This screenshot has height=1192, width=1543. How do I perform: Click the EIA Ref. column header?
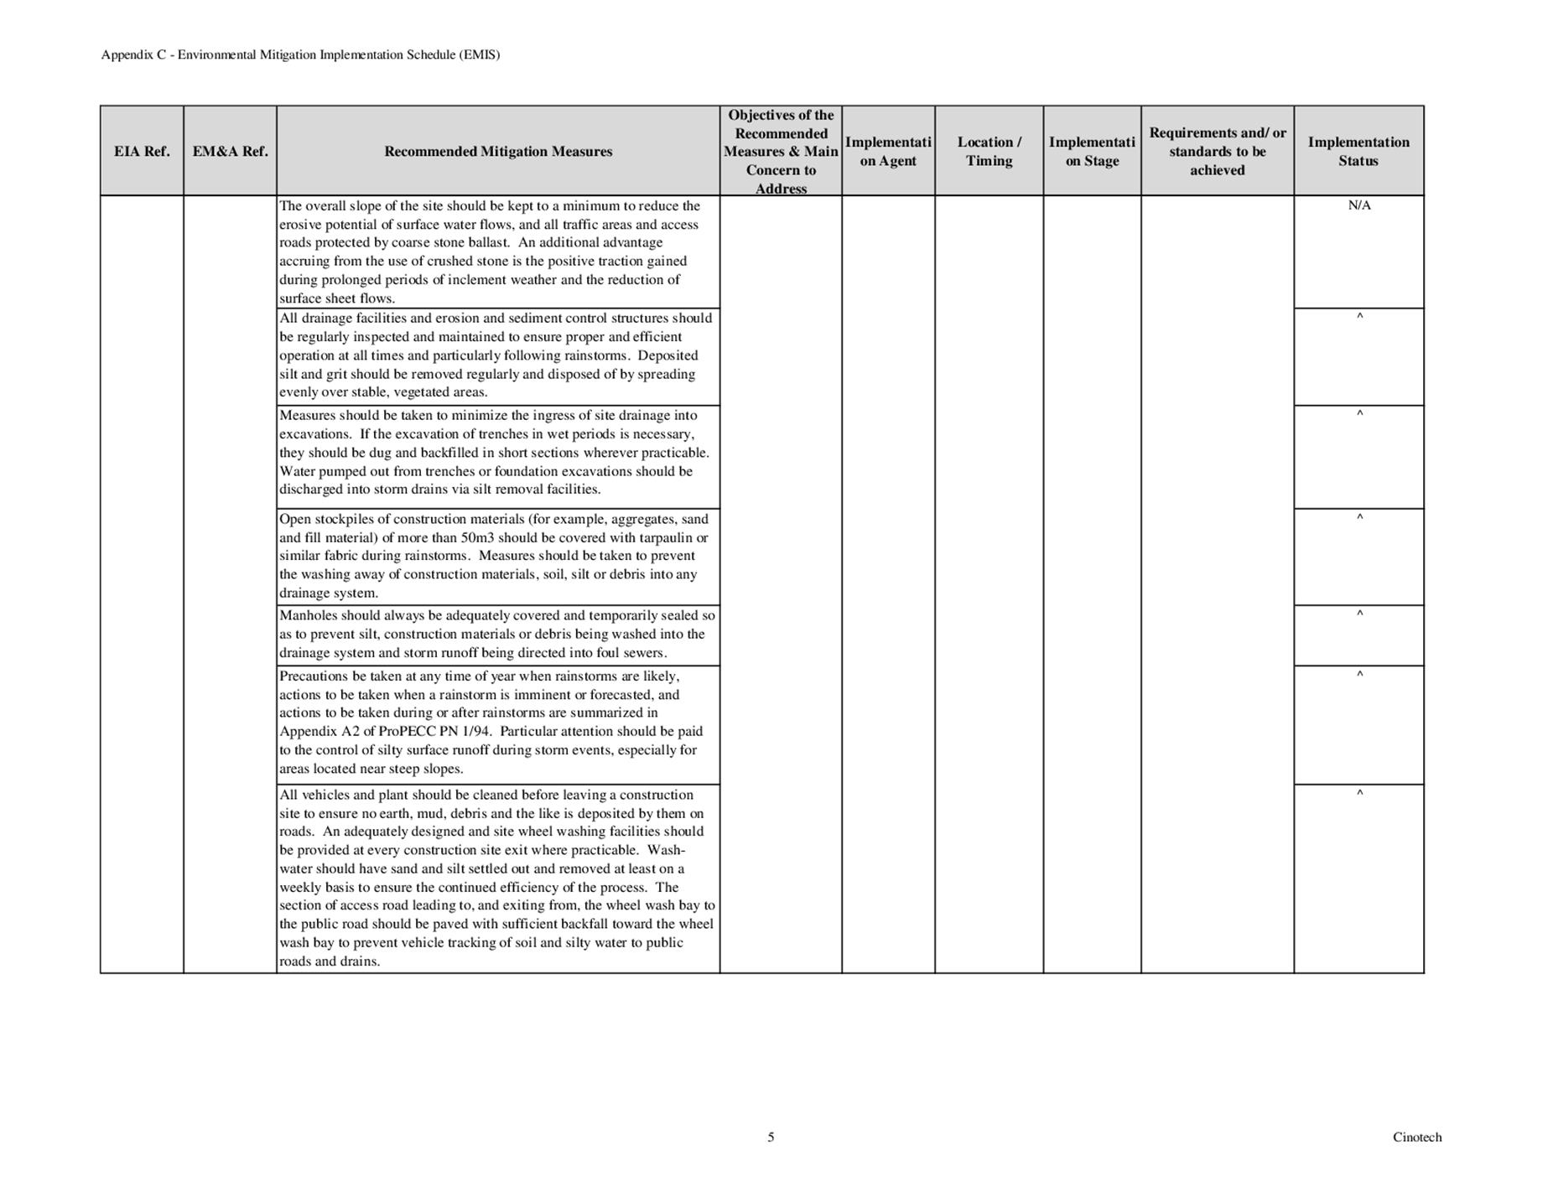(x=142, y=152)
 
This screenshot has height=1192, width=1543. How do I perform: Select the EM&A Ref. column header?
(x=230, y=152)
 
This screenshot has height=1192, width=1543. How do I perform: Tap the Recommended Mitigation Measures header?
(x=498, y=152)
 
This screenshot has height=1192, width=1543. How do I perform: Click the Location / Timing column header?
(x=989, y=152)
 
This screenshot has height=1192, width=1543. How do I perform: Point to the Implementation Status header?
(x=1358, y=152)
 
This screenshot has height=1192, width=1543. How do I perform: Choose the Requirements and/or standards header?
(x=1217, y=152)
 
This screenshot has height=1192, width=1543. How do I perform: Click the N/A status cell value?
(x=1359, y=205)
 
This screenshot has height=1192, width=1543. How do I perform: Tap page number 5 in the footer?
(x=771, y=1138)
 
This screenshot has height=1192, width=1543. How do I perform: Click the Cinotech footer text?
(x=1416, y=1138)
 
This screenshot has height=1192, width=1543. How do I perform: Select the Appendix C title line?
(x=300, y=55)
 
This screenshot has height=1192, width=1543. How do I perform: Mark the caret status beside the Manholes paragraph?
(x=1359, y=614)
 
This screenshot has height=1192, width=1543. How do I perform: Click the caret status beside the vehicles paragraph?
(x=1359, y=793)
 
